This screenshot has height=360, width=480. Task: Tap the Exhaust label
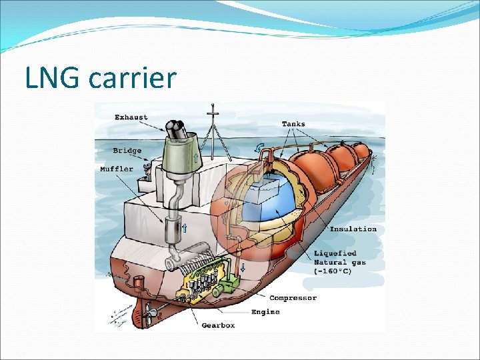click(131, 117)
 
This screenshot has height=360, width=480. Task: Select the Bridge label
click(127, 151)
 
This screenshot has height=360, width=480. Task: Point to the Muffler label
click(117, 169)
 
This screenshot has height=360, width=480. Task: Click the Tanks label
click(293, 124)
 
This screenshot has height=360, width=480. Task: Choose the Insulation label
click(353, 229)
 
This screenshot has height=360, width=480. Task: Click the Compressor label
click(293, 298)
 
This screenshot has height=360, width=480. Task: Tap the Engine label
click(265, 311)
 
